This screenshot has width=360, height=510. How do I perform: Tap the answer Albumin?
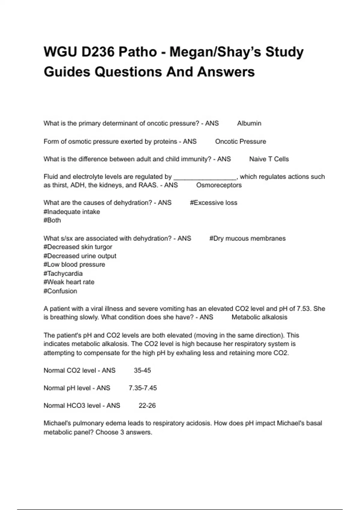coord(249,123)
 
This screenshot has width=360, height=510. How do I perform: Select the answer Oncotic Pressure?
coord(240,141)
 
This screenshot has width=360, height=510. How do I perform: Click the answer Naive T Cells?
coord(269,159)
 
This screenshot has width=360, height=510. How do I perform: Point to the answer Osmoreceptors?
coord(219,185)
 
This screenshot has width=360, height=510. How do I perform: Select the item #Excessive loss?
coord(213,203)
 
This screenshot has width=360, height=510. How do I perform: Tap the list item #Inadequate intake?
coord(72,212)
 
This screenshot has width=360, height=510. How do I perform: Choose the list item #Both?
coord(52,220)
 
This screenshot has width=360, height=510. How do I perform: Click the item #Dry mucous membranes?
coord(247,238)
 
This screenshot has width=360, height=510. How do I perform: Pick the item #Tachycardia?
coord(63,273)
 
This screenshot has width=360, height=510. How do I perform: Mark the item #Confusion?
coord(60,291)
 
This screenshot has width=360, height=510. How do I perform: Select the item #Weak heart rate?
coord(69,282)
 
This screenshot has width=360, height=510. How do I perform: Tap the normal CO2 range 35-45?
coord(142,370)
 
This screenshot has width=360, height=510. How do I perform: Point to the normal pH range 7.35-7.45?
coord(142,388)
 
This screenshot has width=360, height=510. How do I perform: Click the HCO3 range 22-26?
coord(147,406)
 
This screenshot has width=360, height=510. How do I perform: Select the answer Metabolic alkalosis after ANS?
coord(259,317)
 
